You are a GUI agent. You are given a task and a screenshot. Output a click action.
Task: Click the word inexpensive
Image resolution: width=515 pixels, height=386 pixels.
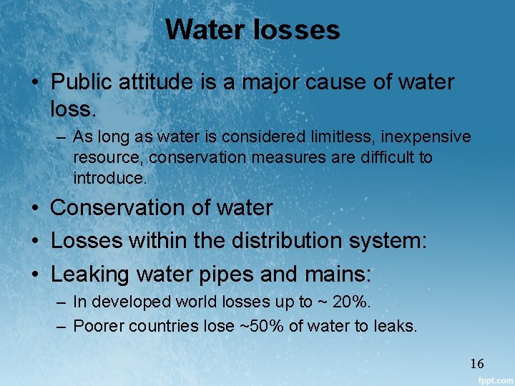[x=411, y=137]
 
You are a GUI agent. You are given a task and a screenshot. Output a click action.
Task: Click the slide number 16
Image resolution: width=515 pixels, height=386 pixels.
[x=476, y=364]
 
